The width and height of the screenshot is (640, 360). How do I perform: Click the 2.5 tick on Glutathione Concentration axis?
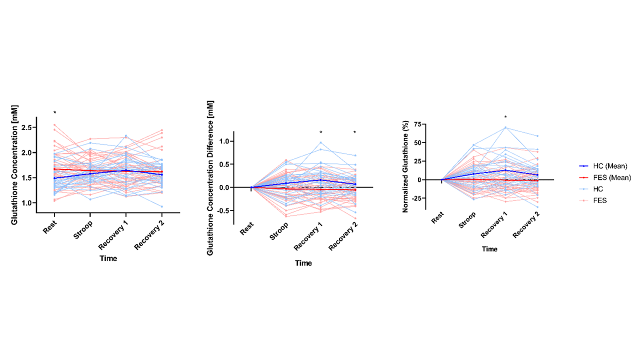(28, 127)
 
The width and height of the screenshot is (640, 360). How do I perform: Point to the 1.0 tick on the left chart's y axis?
(28, 203)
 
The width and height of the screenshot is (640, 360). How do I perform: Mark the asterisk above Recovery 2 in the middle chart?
(355, 133)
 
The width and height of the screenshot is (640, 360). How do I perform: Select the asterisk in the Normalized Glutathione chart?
(505, 117)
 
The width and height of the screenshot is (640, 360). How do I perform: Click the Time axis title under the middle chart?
(303, 263)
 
